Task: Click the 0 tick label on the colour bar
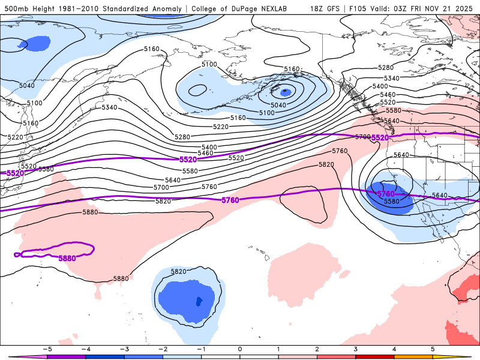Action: click(x=240, y=349)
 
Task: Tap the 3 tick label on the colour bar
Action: click(x=355, y=349)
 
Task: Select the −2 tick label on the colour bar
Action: click(x=163, y=349)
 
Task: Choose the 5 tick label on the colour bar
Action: click(x=432, y=349)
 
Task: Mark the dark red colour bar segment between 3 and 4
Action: click(x=374, y=356)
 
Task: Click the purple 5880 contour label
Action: click(x=67, y=258)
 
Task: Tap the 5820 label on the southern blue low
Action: click(x=178, y=272)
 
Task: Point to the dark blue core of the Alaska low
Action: click(x=286, y=92)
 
